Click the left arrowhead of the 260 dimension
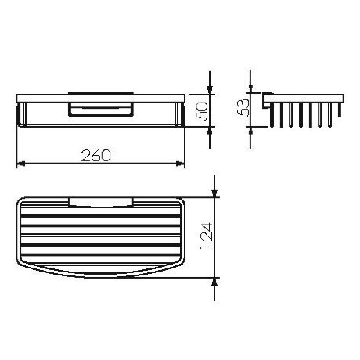click(x=21, y=164)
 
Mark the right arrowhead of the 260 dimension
click(x=180, y=164)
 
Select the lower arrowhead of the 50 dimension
click(x=210, y=131)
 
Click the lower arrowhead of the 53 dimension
click(x=250, y=131)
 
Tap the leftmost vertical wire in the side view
click(x=275, y=113)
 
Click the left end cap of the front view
click(x=20, y=113)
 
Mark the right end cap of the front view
click(x=182, y=113)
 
